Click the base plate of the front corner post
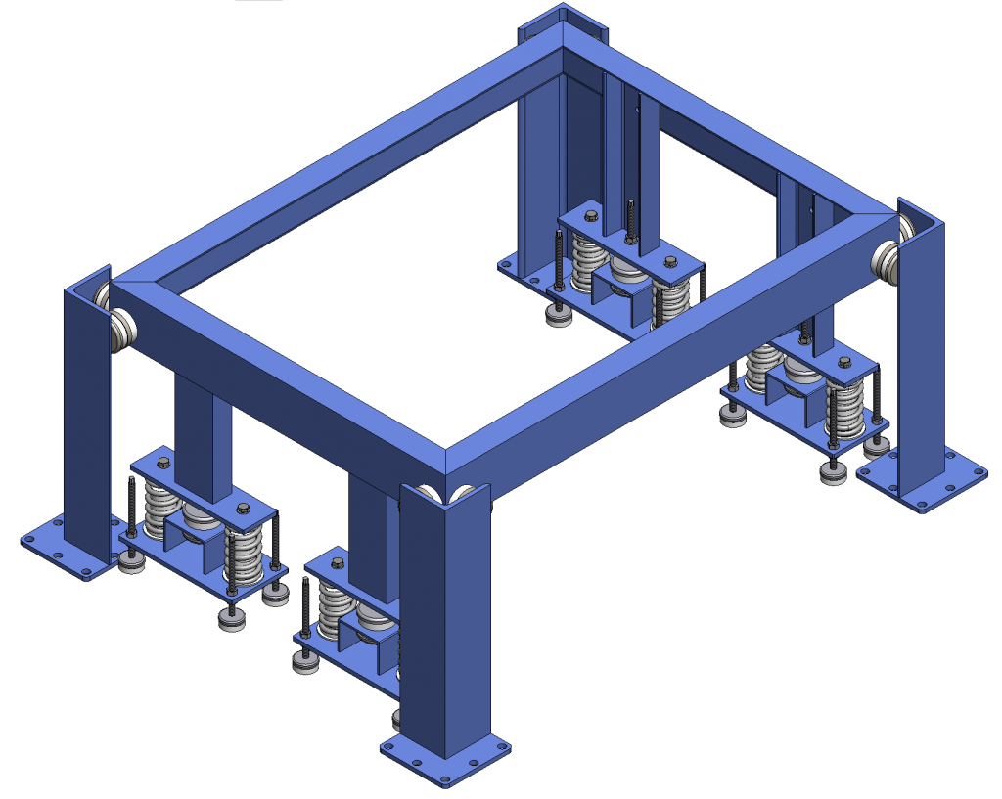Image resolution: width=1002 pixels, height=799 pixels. pos(446,763)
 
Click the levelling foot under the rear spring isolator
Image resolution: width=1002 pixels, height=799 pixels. pos(560,316)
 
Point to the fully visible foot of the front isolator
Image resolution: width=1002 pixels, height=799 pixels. pos(306,663)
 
